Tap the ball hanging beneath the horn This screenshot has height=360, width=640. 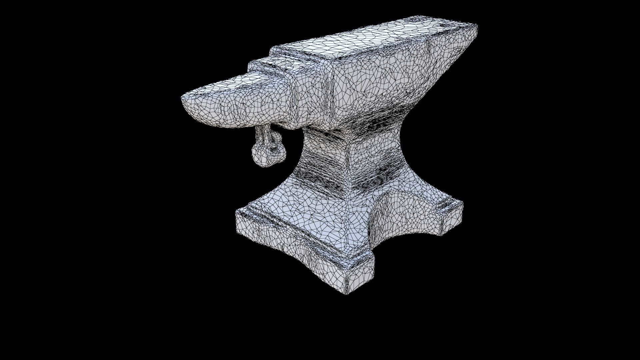(x=263, y=158)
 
